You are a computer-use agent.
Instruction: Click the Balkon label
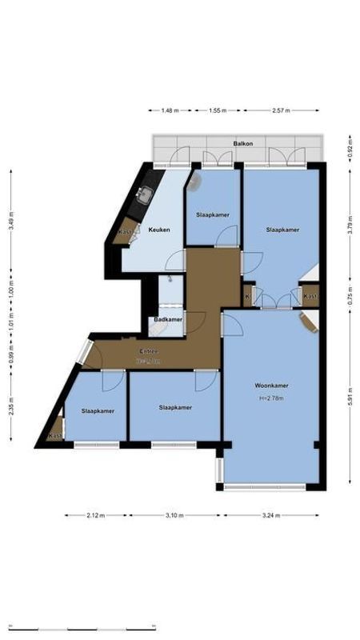(243, 144)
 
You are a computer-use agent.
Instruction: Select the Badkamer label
(168, 320)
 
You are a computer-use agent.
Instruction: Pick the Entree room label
(149, 352)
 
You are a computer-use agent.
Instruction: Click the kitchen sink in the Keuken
(146, 194)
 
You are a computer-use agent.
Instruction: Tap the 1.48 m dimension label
(170, 110)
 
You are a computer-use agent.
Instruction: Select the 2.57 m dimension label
(280, 110)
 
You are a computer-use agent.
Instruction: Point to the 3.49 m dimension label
(11, 220)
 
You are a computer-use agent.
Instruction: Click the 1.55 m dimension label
(217, 110)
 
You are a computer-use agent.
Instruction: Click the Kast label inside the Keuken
(125, 233)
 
